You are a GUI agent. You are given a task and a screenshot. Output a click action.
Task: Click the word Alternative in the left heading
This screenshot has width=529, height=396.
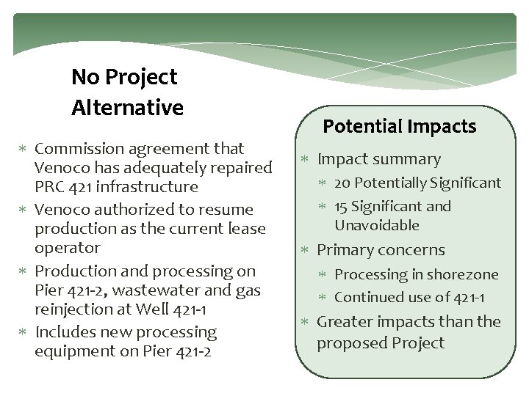click(127, 108)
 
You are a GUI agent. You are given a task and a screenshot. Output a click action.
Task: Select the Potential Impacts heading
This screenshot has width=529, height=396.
click(400, 126)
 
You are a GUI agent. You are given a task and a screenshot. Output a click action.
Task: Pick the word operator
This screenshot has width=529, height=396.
click(68, 248)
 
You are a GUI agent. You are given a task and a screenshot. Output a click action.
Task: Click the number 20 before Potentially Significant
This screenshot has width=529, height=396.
click(342, 183)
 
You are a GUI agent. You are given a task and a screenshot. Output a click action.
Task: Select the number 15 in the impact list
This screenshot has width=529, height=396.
click(342, 206)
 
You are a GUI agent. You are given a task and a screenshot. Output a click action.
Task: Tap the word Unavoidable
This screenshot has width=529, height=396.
click(376, 225)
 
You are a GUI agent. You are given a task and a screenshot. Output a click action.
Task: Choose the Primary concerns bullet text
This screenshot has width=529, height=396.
click(381, 250)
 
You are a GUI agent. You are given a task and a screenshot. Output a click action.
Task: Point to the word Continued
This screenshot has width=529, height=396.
click(369, 297)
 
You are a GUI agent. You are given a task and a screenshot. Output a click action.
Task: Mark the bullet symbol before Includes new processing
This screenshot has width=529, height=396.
click(26, 332)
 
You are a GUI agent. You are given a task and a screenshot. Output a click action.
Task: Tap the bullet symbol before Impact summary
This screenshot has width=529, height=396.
click(307, 160)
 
